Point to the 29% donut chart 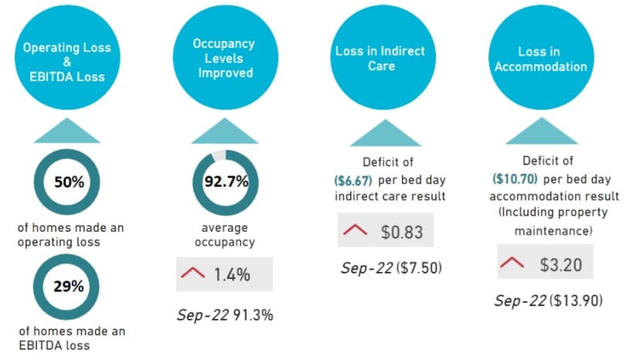tap(67, 285)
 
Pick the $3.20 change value tap(560, 263)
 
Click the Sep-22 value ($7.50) tap(414, 269)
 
